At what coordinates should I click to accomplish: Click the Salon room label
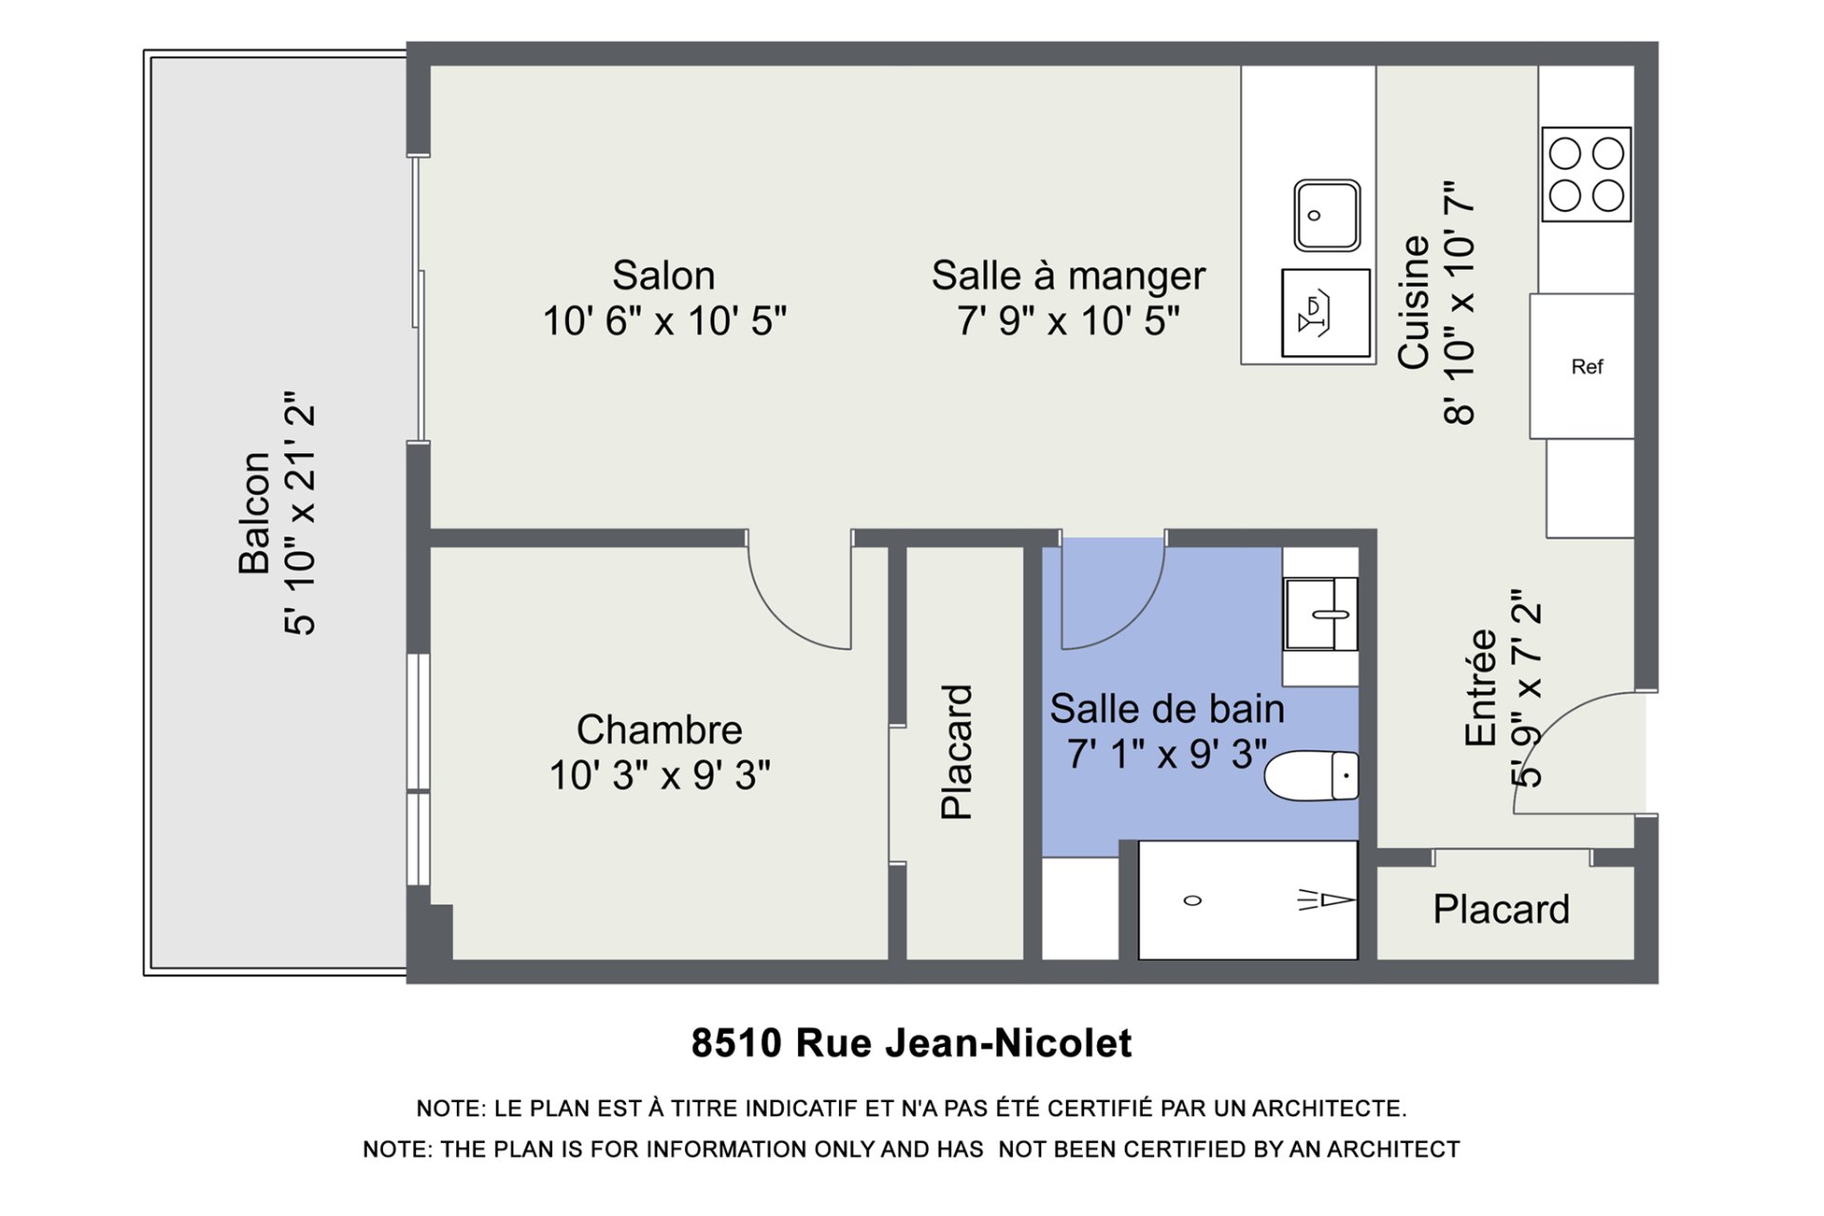(663, 275)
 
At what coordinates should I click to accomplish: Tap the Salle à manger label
(1068, 276)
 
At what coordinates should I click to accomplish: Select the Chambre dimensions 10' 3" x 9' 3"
(659, 775)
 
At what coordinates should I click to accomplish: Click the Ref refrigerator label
(1586, 367)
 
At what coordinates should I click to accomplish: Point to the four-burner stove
(1586, 175)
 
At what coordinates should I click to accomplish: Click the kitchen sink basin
(1327, 216)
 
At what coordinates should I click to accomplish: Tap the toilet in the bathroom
(1312, 775)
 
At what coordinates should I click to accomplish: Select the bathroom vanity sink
(1320, 615)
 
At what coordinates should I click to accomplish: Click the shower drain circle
(1193, 901)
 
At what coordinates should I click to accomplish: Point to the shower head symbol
(1326, 899)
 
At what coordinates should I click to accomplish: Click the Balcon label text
(254, 513)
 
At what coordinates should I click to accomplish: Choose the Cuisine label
(1415, 302)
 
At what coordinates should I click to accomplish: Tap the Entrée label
(1481, 688)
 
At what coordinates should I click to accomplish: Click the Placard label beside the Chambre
(957, 751)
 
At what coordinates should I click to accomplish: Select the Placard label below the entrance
(1501, 909)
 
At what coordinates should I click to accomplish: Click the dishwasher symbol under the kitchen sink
(1326, 313)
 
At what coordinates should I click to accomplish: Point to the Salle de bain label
(1167, 709)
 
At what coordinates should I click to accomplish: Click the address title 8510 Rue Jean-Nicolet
(912, 1043)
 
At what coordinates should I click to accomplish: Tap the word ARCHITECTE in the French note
(1329, 1109)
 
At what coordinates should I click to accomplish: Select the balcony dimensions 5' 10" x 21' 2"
(300, 513)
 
